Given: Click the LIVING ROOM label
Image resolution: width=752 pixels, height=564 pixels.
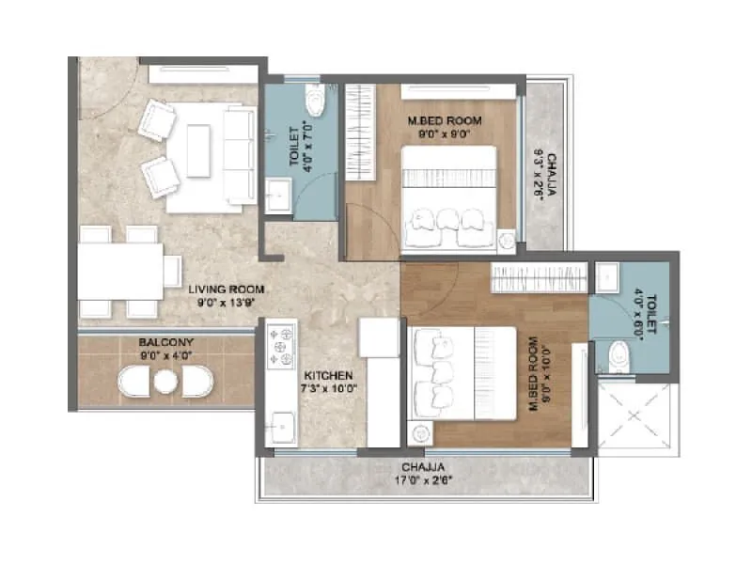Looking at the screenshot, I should click(x=225, y=289).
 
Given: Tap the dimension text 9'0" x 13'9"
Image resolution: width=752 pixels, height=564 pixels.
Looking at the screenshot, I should click(x=225, y=303).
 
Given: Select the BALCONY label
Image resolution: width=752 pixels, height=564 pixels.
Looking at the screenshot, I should click(x=164, y=342).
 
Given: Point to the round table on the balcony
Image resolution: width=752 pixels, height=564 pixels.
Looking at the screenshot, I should click(x=165, y=381).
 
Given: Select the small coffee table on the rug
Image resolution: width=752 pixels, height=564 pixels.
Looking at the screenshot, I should click(x=197, y=151).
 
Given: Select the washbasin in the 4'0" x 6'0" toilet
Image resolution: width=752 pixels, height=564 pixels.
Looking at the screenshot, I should click(x=607, y=276).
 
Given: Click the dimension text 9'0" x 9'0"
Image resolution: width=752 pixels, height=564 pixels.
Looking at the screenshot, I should click(x=444, y=134).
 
